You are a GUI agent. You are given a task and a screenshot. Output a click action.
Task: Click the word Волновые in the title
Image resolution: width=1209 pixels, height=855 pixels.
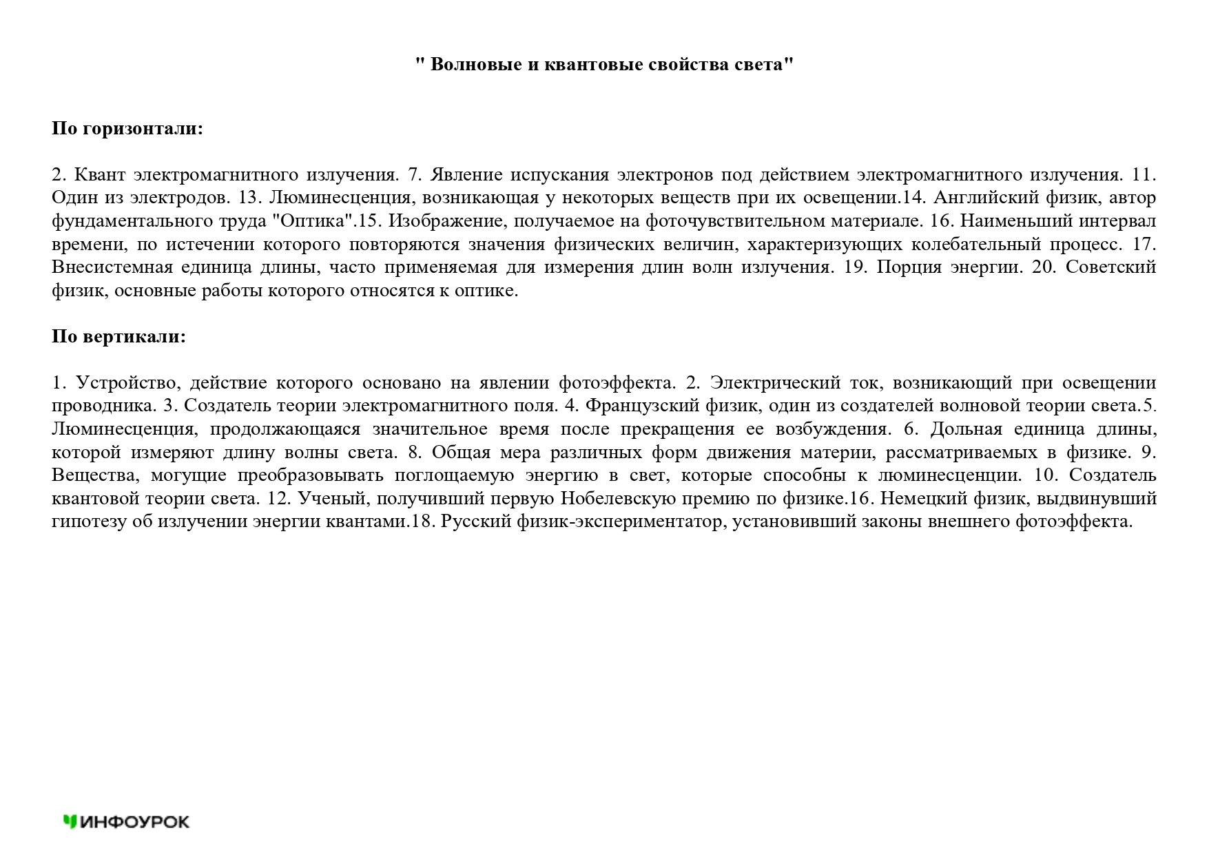point(474,65)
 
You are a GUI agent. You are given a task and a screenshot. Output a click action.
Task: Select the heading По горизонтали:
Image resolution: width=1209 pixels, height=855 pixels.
point(127,129)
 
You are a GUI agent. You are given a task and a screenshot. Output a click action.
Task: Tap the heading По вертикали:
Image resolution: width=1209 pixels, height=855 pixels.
point(118,337)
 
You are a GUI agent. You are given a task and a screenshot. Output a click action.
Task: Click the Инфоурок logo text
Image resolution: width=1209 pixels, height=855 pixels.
point(135,821)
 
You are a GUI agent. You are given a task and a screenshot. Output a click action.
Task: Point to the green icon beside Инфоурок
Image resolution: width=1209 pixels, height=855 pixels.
point(70,821)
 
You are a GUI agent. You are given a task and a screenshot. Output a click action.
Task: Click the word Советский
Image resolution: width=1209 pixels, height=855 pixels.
point(1110,267)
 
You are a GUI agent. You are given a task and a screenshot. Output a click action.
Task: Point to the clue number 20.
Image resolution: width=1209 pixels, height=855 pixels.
point(1044,267)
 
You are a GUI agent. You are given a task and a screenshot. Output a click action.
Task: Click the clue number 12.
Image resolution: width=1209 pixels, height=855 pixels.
point(278,499)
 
